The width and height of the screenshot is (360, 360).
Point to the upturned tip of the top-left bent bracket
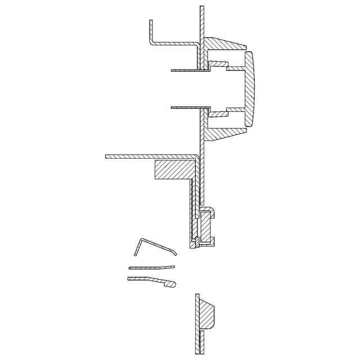point(151,22)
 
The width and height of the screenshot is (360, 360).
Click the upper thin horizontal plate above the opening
point(186,70)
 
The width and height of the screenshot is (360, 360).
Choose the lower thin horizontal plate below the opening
point(186,106)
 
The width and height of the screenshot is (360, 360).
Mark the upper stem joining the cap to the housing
point(235,68)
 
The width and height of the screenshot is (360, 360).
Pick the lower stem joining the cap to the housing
point(235,109)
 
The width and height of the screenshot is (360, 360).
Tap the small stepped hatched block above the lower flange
point(218,114)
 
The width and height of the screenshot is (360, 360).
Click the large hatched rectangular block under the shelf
point(174,169)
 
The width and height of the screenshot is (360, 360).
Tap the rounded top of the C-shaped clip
point(208,209)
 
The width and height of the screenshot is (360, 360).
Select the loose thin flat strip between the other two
point(151,267)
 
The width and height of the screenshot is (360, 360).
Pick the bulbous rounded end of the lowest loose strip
point(172,285)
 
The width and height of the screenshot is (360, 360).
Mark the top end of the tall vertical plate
point(202,8)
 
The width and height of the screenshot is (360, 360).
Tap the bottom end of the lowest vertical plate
point(197,352)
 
